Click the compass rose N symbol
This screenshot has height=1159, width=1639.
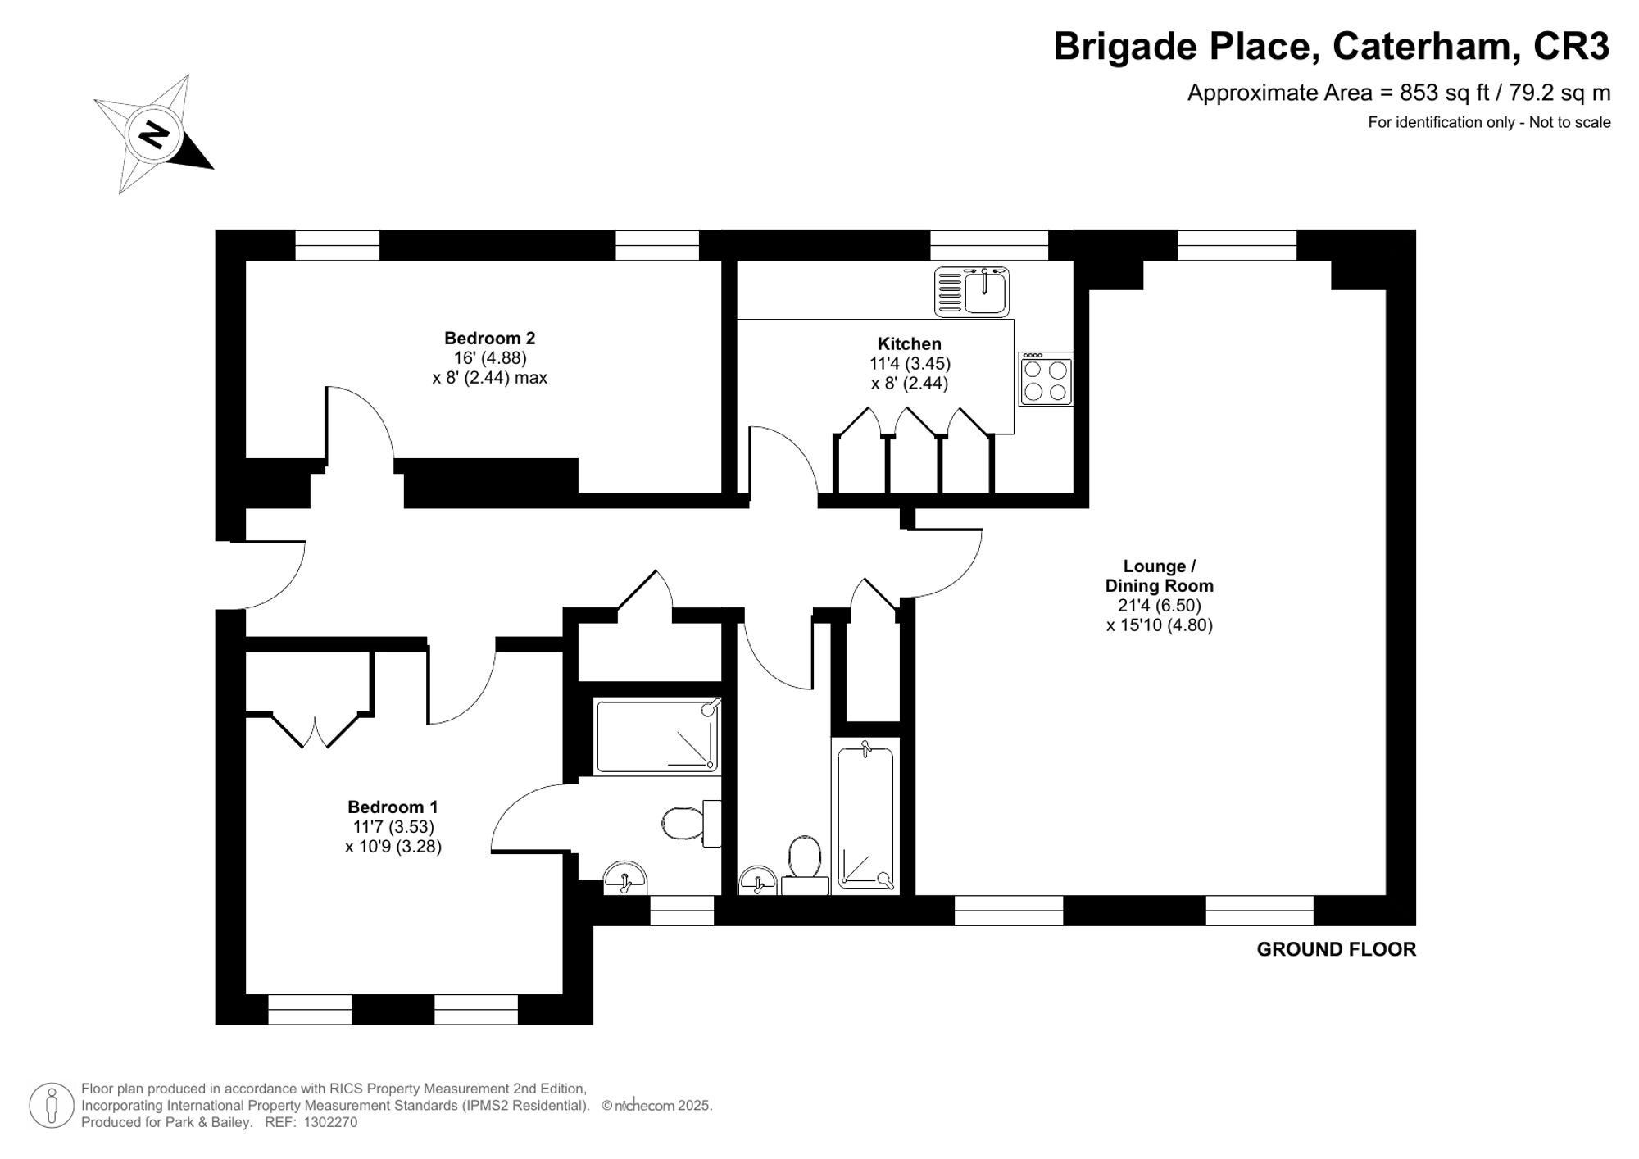154,134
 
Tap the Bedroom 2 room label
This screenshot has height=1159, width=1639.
489,338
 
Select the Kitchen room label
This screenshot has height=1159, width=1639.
909,343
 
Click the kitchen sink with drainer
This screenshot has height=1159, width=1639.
971,292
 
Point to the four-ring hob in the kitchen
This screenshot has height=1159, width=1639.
1046,380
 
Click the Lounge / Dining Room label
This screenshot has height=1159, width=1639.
1159,575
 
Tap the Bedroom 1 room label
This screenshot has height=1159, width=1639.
393,807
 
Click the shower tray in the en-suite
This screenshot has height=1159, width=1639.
657,735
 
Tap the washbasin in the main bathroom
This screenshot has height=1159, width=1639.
758,882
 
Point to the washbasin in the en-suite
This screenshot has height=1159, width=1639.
625,879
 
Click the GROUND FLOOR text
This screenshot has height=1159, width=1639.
1336,949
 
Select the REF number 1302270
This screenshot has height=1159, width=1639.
330,1122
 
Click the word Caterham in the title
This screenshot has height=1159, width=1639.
1421,46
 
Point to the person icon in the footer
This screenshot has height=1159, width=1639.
52,1105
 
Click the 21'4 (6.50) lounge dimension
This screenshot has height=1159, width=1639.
1159,606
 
